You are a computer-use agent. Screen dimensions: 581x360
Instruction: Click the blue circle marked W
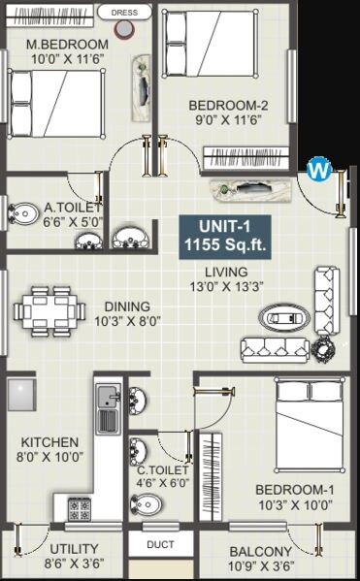[x=317, y=171]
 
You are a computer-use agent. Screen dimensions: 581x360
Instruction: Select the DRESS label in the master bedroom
[x=124, y=13]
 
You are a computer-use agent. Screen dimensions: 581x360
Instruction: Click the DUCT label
[x=160, y=544]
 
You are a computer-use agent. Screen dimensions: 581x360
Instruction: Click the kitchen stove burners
[x=80, y=507]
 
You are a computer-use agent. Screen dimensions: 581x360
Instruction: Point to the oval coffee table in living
[x=284, y=317]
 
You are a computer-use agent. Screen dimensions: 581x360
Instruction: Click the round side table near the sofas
[x=323, y=347]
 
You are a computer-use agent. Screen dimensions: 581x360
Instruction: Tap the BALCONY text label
[x=262, y=551]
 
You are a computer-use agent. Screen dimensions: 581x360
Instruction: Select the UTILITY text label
[x=74, y=549]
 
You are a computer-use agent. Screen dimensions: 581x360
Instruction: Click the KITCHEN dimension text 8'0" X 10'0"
[x=49, y=456]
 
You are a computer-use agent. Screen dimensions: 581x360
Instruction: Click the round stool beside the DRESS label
[x=124, y=30]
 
